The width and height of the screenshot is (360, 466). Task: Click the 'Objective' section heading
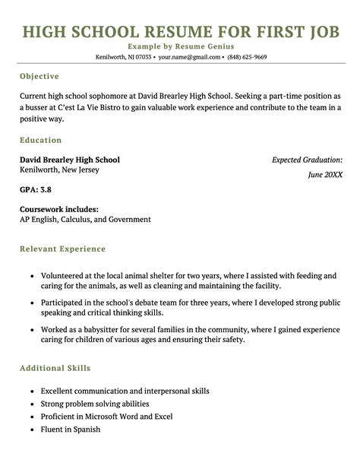[39, 77]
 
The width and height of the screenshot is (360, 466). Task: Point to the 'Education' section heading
[41, 141]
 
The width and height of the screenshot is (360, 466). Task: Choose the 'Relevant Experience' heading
[62, 249]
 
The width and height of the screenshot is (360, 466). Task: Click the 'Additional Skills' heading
[55, 368]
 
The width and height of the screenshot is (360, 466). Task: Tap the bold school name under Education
[69, 160]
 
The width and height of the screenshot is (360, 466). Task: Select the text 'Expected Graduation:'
[307, 160]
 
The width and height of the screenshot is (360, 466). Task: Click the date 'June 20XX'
[325, 175]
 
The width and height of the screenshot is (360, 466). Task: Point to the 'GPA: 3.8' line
[36, 189]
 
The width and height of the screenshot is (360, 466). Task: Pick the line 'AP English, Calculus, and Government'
[85, 220]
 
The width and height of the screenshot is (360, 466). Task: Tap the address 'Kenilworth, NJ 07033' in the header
[122, 57]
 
